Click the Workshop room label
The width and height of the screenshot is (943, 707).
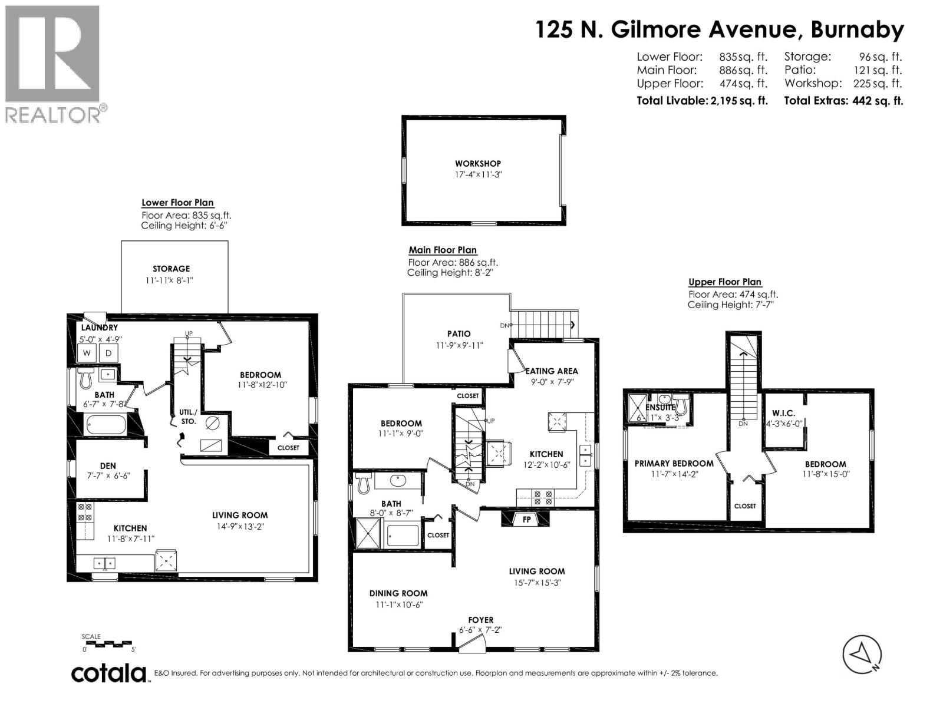(477, 164)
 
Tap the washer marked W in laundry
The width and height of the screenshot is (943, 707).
(87, 353)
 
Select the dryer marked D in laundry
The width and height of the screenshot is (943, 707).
(108, 353)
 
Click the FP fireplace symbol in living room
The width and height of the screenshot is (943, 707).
(526, 519)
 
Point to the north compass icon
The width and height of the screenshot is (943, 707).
(861, 655)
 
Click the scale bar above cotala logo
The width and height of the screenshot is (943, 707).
(108, 643)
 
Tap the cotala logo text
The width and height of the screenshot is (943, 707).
(109, 673)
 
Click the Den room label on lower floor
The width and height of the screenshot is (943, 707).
(108, 465)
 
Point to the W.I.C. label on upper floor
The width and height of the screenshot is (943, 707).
(783, 413)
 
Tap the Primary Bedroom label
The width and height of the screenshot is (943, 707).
(674, 464)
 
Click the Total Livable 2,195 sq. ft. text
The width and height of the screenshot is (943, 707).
(702, 101)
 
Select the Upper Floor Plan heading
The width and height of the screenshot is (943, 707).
(725, 282)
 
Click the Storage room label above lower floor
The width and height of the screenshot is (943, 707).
(171, 269)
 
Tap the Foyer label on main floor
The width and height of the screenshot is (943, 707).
(480, 620)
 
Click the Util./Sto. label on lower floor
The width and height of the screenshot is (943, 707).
(189, 417)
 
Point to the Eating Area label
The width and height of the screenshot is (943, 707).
(552, 371)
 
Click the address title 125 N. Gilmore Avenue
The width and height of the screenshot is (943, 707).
(719, 29)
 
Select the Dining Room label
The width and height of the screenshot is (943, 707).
(398, 593)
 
